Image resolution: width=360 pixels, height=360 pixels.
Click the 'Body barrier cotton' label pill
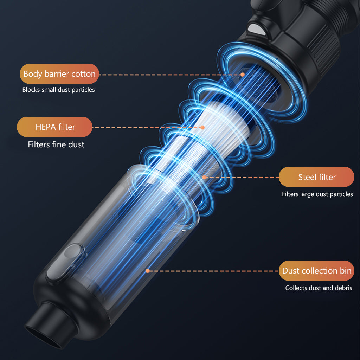pyautogui.click(x=59, y=74)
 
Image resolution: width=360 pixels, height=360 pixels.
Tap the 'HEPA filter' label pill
pyautogui.click(x=54, y=127)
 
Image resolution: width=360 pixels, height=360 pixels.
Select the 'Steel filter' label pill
pyautogui.click(x=317, y=177)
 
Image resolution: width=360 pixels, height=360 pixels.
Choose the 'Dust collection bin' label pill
pyautogui.click(x=317, y=270)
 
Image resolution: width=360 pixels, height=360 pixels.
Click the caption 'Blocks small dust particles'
pyautogui.click(x=59, y=90)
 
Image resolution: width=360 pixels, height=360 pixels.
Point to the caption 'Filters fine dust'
pyautogui.click(x=56, y=144)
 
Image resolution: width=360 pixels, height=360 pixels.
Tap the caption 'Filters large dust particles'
pyautogui.click(x=317, y=194)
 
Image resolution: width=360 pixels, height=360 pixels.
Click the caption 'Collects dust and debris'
pyautogui.click(x=319, y=288)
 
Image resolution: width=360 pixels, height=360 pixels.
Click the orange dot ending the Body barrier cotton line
pyautogui.click(x=243, y=75)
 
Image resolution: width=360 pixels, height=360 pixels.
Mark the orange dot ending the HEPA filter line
pyautogui.click(x=202, y=127)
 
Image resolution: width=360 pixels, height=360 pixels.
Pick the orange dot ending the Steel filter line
pyautogui.click(x=204, y=177)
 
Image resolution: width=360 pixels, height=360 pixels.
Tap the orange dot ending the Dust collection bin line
pyautogui.click(x=148, y=271)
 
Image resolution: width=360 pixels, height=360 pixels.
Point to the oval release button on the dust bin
pyautogui.click(x=65, y=262)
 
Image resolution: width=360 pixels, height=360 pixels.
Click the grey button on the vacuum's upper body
pyautogui.click(x=256, y=29)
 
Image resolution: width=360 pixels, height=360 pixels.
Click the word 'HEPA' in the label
pyautogui.click(x=46, y=127)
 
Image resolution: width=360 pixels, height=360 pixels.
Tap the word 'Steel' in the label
pyautogui.click(x=307, y=177)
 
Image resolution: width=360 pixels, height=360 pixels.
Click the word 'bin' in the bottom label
pyautogui.click(x=346, y=270)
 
